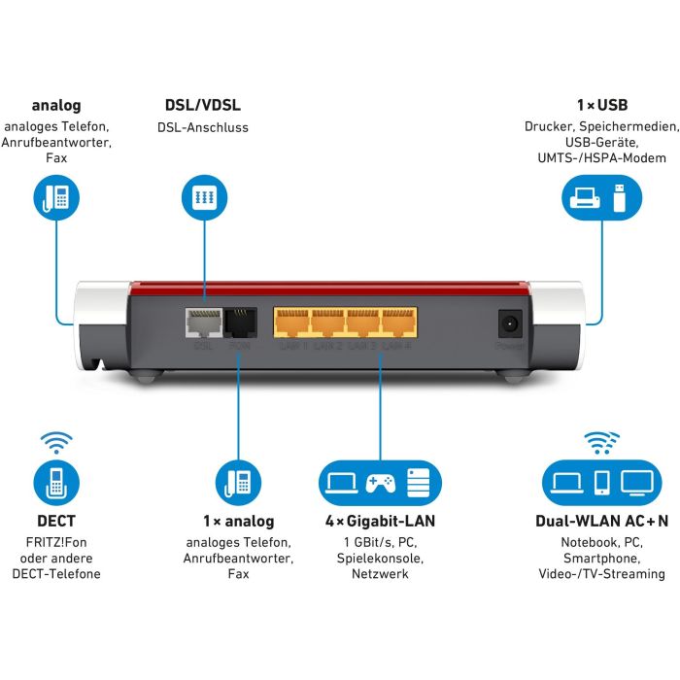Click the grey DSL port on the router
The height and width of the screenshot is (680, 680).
pos(203,323)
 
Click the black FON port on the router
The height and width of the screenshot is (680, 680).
pos(238,323)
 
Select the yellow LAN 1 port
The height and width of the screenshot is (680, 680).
pos(292,323)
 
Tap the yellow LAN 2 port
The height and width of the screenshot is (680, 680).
pos(328,323)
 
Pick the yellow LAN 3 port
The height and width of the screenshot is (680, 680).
pos(363,323)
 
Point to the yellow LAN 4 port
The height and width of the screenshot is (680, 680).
pos(398,323)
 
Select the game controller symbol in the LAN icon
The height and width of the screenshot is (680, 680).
pos(380,483)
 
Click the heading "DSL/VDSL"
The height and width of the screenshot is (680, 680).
pos(203,105)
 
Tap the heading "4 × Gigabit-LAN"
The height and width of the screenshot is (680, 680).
pos(380,522)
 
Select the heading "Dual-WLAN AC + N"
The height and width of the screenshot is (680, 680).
pos(601,522)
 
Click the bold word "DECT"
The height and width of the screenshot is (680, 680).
pos(55,522)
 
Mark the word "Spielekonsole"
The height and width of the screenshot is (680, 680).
pos(380,558)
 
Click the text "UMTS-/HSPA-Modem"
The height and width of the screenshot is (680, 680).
pos(595,157)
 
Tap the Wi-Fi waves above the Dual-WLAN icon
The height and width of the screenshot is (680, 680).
pos(601,444)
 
